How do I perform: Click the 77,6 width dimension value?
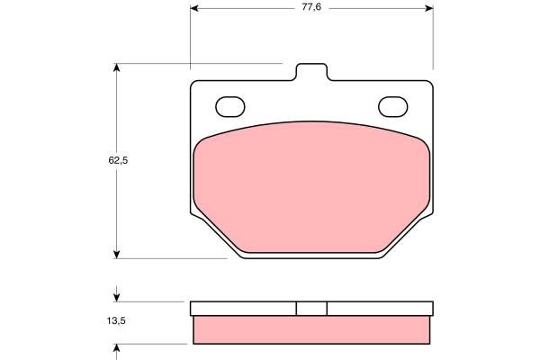[x=311, y=7]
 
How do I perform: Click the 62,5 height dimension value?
[x=118, y=160]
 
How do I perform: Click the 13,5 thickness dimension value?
[x=116, y=320]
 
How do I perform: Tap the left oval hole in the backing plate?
[x=230, y=106]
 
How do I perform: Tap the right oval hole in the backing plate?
[x=393, y=106]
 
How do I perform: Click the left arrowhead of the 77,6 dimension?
[x=194, y=8]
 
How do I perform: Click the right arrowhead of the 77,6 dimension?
[x=429, y=8]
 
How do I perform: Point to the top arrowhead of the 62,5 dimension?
[x=117, y=67]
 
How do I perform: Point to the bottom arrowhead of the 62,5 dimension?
[x=117, y=255]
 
